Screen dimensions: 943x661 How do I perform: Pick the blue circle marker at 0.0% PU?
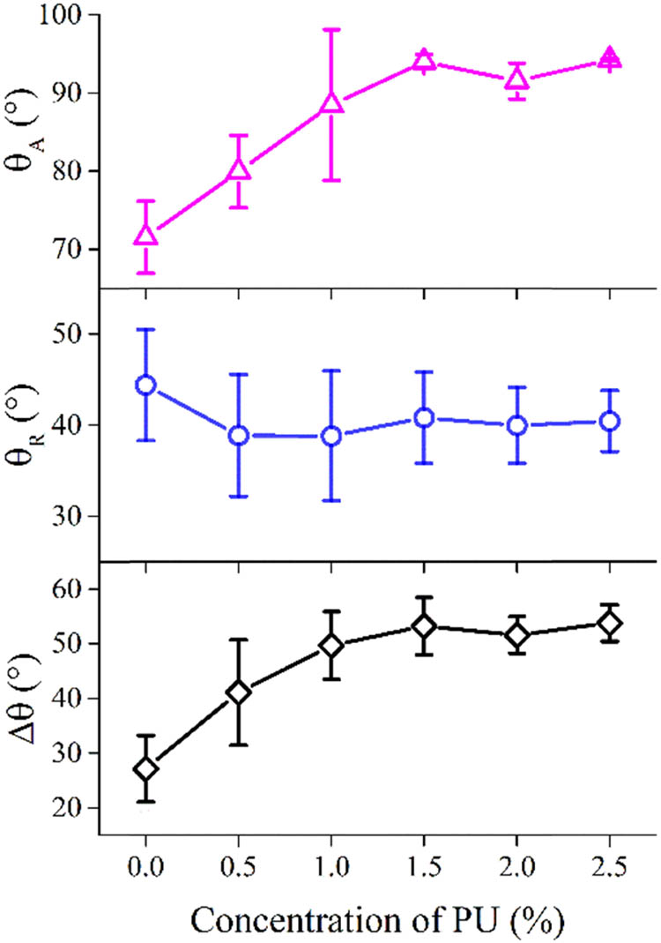pos(146,385)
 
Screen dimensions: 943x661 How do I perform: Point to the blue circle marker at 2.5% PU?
pos(609,421)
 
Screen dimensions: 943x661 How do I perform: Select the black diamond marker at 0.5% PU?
pos(239,692)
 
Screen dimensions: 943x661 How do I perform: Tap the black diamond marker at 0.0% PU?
pos(146,769)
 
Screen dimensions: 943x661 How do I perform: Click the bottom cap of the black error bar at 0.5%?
pos(239,745)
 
